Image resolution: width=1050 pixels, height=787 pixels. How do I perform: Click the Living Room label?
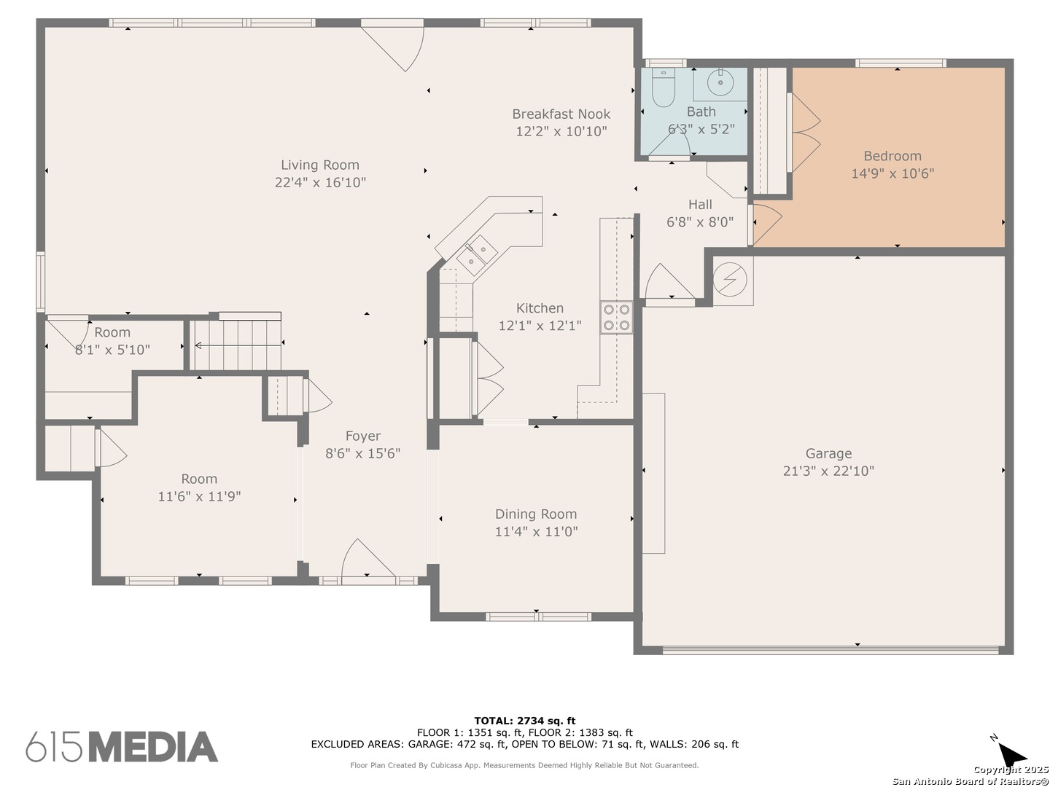319,165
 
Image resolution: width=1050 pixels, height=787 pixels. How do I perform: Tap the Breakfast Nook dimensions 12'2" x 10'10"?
561,131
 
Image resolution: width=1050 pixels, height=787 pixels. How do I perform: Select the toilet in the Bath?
663,87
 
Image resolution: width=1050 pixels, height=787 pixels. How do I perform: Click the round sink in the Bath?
720,82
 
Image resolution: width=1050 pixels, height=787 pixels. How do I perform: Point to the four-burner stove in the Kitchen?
617,317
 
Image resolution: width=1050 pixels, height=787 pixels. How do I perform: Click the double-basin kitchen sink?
476,255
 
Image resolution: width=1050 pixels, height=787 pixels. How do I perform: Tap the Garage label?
828,453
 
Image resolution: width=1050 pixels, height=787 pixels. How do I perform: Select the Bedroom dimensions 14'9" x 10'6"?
892,173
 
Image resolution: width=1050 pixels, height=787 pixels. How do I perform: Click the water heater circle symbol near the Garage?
729,279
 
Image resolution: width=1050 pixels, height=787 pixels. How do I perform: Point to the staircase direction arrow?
238,345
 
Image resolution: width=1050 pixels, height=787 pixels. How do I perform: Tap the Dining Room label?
536,514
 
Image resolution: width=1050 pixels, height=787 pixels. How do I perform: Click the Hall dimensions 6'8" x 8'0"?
700,222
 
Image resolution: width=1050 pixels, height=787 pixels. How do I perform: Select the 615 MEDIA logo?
122,747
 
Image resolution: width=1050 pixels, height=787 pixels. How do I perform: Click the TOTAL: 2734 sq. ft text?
525,721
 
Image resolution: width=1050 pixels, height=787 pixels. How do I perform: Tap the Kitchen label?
540,308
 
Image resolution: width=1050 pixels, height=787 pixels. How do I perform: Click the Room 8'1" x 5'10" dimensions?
112,350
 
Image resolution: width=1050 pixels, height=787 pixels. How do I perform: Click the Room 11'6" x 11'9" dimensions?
199,496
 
